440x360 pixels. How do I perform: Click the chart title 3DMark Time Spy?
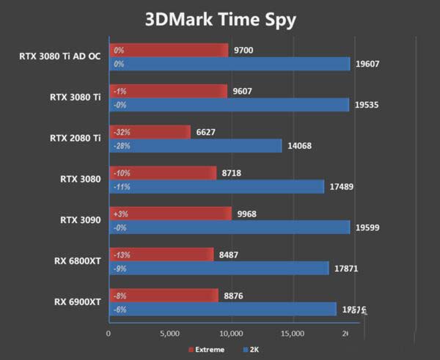click(220, 19)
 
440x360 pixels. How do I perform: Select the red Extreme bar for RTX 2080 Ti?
click(150, 132)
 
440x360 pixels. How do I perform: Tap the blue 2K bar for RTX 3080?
click(216, 187)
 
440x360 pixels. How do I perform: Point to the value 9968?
click(248, 213)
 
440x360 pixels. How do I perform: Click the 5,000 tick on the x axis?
click(169, 334)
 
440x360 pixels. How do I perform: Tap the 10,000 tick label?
click(231, 334)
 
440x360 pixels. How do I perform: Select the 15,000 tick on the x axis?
click(293, 334)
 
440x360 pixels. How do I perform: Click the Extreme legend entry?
click(210, 349)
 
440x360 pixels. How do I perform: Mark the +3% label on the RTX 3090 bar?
click(119, 213)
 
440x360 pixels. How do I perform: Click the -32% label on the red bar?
click(120, 132)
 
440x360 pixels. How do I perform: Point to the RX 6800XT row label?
click(77, 260)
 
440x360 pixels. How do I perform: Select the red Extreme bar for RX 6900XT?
click(164, 295)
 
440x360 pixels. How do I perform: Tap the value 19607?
click(367, 64)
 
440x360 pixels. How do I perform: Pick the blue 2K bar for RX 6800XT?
click(219, 268)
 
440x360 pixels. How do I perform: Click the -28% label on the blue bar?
click(120, 146)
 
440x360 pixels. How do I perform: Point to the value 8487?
click(229, 254)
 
